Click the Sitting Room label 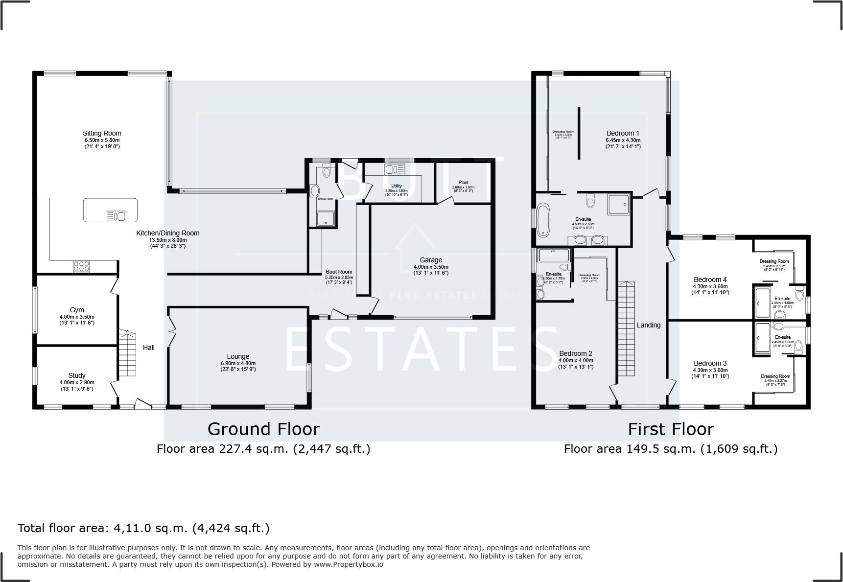tap(102, 133)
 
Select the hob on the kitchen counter tap(81, 266)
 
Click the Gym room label tap(77, 310)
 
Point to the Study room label tap(77, 375)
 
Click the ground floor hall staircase tap(127, 353)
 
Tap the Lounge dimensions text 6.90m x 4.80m tap(238, 363)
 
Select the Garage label tap(431, 260)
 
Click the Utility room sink tap(394, 169)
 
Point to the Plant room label tap(463, 182)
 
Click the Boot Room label tap(339, 272)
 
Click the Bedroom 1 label tap(623, 133)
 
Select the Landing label tap(649, 325)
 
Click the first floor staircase tap(626, 329)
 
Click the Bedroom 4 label tap(710, 279)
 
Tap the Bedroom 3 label tap(710, 363)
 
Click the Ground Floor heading tap(263, 429)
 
